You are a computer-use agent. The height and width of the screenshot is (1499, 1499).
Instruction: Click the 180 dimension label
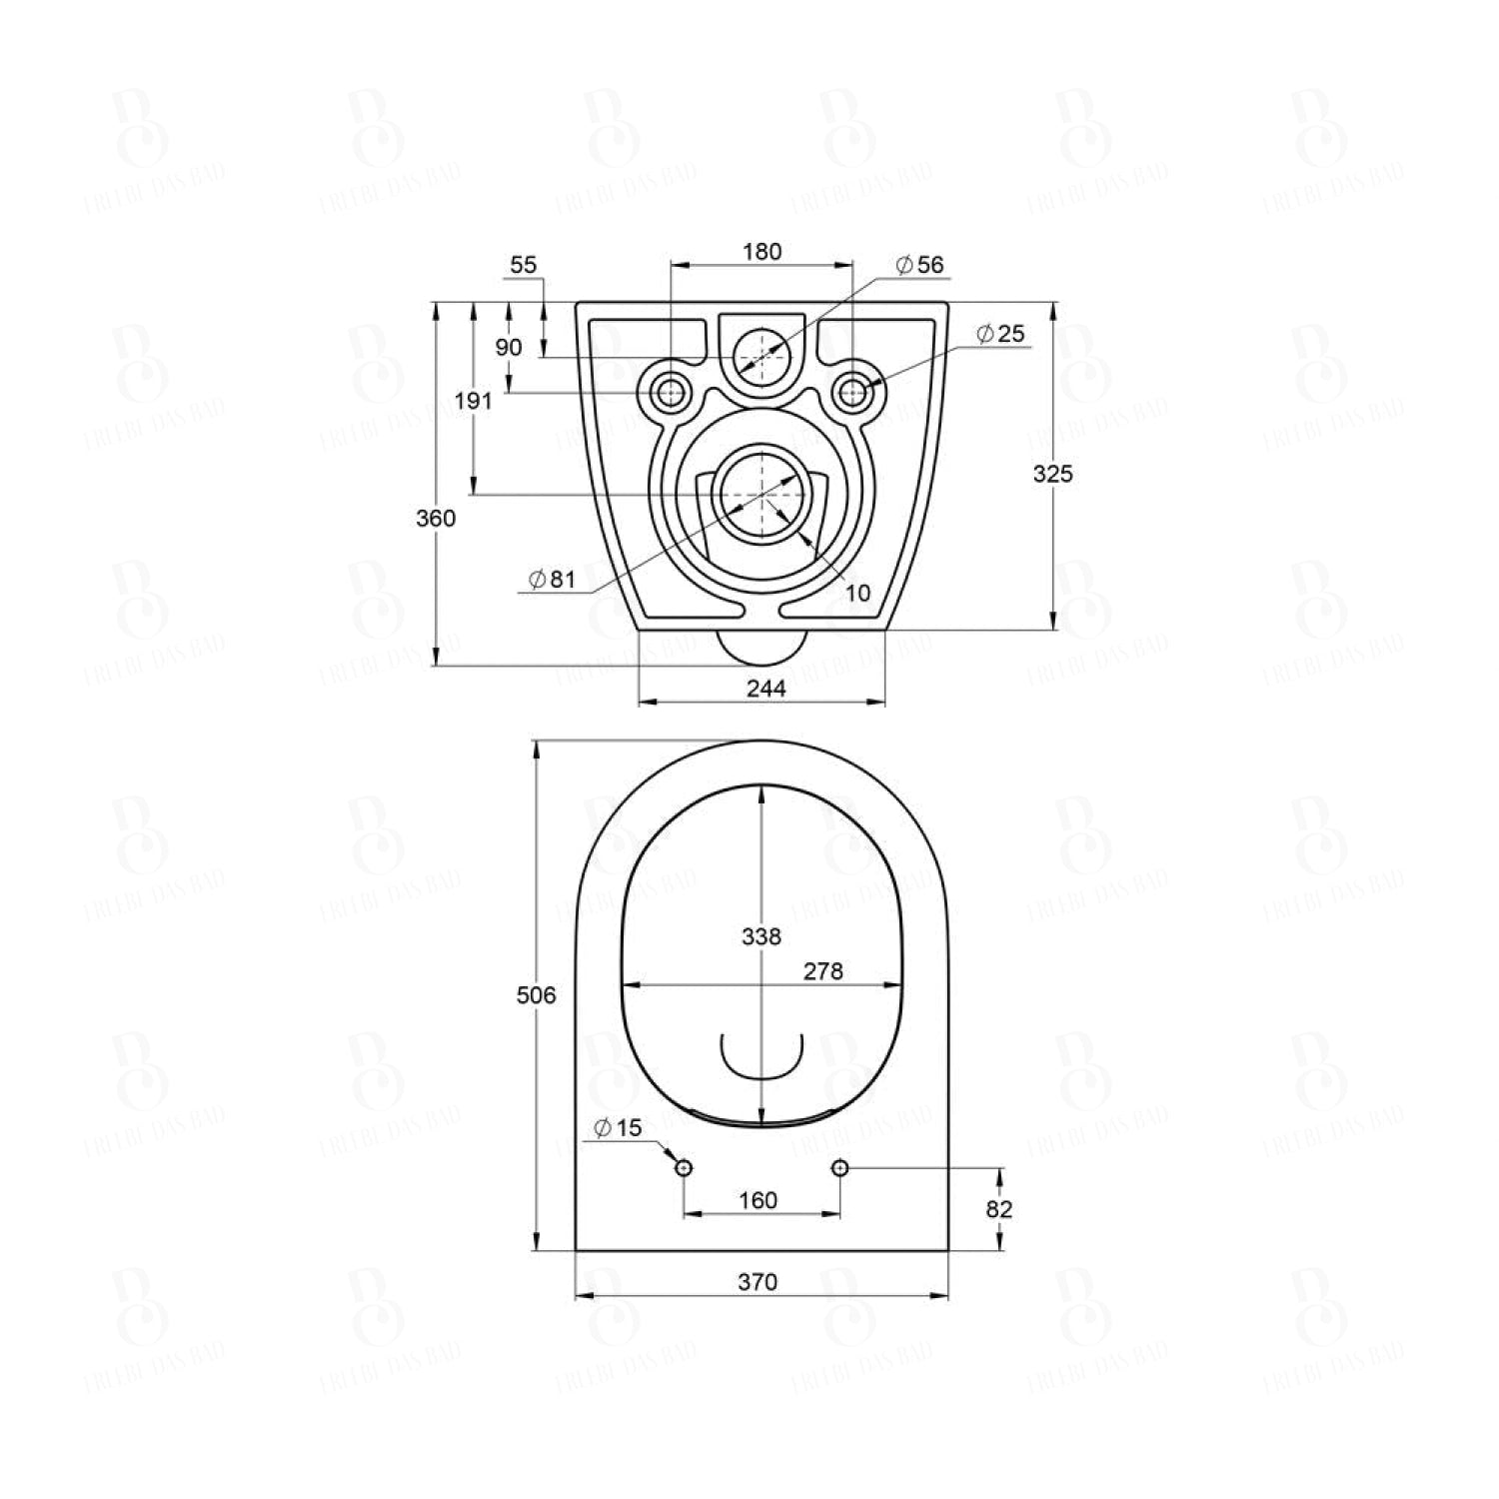pos(761,252)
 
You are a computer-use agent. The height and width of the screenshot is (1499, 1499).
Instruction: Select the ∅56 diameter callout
pos(919,265)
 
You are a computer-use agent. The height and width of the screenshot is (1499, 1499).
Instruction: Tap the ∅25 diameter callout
pos(1000,333)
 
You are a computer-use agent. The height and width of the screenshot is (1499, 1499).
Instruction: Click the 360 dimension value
pos(436,518)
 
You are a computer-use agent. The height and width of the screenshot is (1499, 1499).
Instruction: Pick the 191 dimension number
pos(474,401)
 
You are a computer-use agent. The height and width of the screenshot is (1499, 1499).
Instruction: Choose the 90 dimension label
pos(509,347)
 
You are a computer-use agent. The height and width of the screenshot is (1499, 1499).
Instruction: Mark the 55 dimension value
pos(524,265)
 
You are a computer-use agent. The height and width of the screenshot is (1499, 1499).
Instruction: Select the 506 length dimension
pos(536,994)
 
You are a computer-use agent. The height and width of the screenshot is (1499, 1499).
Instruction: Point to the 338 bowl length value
pos(761,936)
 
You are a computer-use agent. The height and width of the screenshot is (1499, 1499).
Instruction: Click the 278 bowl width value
pos(823,970)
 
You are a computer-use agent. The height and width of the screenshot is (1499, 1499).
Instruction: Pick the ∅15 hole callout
pos(618,1128)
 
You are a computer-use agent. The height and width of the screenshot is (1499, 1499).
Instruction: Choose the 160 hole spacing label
pos(757,1199)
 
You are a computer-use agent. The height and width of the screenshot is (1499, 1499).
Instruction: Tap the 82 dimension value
pos(999,1209)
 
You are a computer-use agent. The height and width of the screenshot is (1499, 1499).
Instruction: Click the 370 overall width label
pos(757,1282)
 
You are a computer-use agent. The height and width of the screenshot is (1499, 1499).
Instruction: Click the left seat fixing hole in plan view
pos(684,1167)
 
